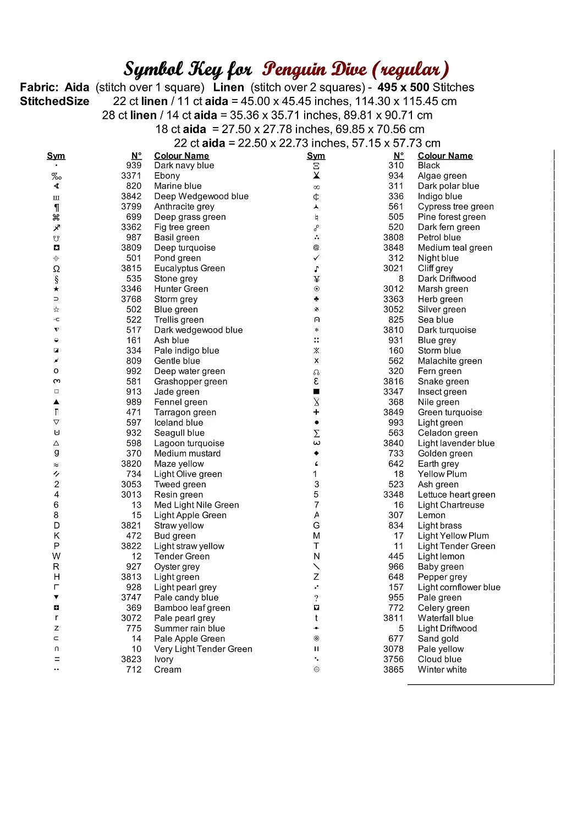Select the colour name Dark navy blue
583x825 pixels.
pos(184,166)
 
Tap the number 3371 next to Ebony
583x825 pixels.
pos(131,176)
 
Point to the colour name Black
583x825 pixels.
pos(428,166)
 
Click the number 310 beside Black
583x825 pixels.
pos(395,166)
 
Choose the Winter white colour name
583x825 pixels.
pos(442,670)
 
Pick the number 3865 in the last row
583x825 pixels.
pos(393,670)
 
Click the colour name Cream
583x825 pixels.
pos(167,670)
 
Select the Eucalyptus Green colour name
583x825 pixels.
pos(189,268)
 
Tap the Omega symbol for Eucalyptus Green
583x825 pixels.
pos(56,269)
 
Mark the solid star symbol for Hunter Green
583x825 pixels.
pos(56,289)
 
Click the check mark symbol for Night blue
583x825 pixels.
pos(316,258)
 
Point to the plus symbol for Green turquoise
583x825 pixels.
pos(316,413)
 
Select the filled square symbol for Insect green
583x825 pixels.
pos(316,392)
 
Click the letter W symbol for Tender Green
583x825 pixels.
pos(56,557)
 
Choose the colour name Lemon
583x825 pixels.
pos(431,515)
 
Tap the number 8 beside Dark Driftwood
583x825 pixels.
pos(401,279)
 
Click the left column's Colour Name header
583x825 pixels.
pos(181,156)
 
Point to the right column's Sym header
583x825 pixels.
pos(316,156)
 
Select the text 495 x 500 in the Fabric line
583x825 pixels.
pos(403,87)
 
